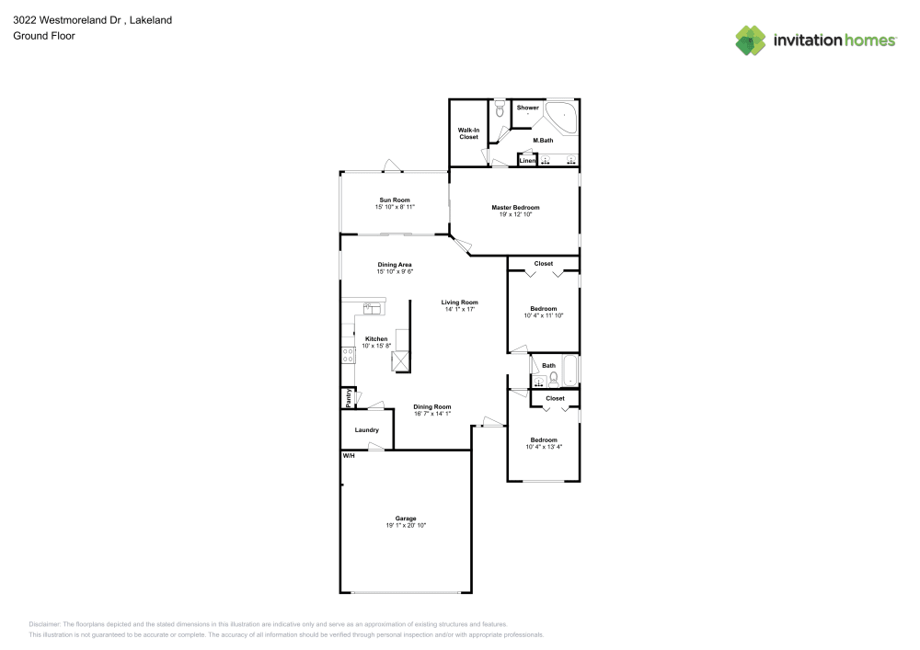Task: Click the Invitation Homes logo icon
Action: pos(751,40)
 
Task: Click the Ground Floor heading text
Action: pos(43,36)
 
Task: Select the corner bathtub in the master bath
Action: pos(561,119)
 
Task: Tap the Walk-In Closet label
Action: pos(468,133)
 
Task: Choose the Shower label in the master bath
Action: pos(527,108)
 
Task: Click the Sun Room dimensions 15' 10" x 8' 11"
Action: pos(395,208)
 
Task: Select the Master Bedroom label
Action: pos(515,207)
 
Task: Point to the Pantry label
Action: pos(348,399)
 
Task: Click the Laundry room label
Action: pos(367,429)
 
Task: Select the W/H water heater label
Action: pos(349,456)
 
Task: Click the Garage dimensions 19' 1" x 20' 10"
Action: pos(406,525)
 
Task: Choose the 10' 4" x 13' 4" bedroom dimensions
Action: pos(544,448)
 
